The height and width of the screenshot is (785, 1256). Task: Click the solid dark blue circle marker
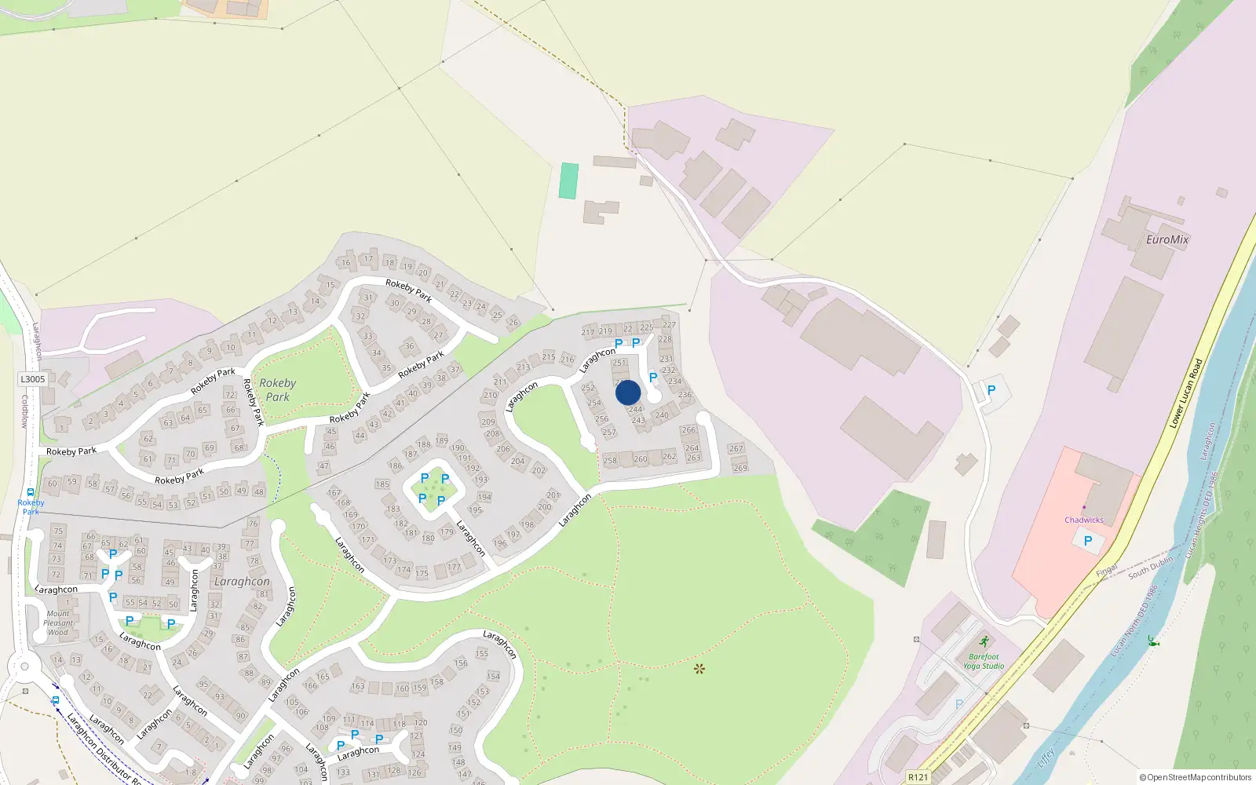[x=628, y=392]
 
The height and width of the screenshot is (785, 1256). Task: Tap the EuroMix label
[x=1167, y=239]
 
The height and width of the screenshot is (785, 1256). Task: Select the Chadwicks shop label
[x=1084, y=520]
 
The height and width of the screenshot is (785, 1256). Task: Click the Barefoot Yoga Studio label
[x=984, y=661]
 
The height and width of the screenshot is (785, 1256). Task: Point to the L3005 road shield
[x=33, y=379]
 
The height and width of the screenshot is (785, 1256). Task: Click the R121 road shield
[x=918, y=777]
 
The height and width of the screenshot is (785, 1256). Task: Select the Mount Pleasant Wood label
[x=58, y=623]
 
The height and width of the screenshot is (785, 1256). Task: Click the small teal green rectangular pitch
[x=569, y=181]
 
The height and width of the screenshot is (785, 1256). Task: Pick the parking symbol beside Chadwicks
[x=1087, y=541]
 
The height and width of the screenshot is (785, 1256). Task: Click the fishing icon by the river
[x=1152, y=641]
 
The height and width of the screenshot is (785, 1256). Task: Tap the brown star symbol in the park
[x=699, y=669]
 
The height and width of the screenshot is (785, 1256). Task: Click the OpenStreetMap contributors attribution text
[x=1195, y=777]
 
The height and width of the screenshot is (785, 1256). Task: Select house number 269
[x=740, y=468]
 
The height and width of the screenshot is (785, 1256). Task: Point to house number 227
[x=669, y=324]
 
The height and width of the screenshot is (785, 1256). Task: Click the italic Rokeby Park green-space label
[x=278, y=389]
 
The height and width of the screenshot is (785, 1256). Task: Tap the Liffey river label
[x=1046, y=758]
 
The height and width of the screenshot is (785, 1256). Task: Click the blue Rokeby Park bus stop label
[x=31, y=506]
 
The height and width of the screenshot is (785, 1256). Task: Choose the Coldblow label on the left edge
[x=24, y=411]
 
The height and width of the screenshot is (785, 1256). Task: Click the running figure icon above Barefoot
[x=984, y=642]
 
